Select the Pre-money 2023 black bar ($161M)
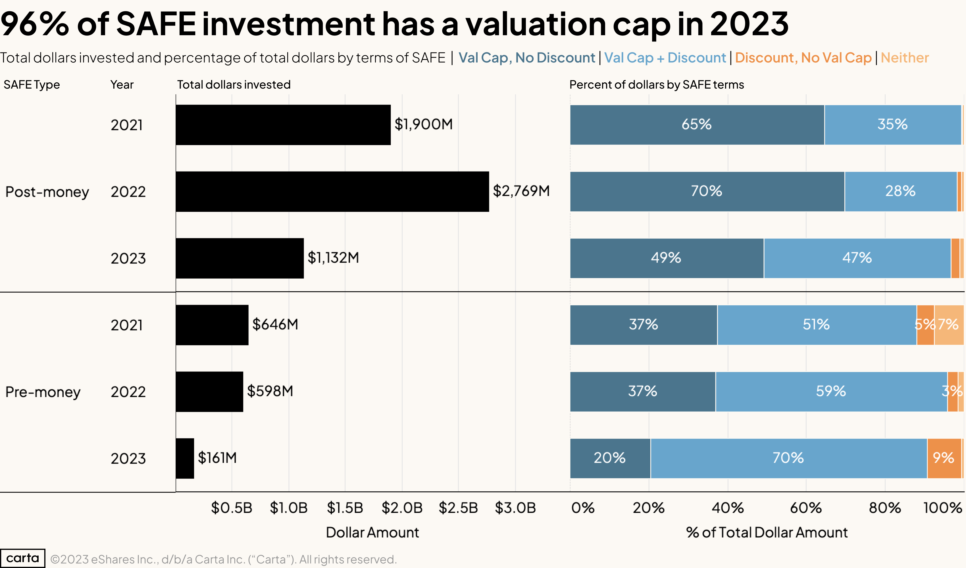coord(185,458)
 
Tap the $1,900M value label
coord(423,124)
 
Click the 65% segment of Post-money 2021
coord(697,125)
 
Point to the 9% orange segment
coord(943,458)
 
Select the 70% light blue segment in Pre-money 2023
coord(788,458)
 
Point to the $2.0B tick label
coord(402,508)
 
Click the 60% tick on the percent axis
coord(805,508)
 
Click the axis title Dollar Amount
coord(372,532)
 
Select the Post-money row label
coord(47,192)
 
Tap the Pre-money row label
coord(43,392)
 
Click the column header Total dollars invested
coord(234,84)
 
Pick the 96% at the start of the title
coord(34,24)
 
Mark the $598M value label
coord(270,391)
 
